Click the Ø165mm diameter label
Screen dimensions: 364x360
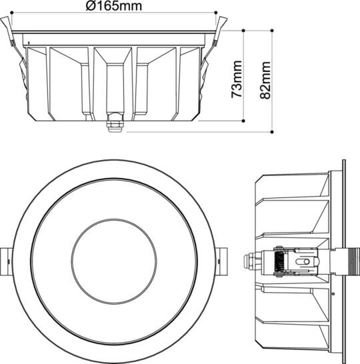coord(113,7)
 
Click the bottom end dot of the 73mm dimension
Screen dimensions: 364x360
coord(244,121)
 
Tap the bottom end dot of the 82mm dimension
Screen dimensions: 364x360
coord(273,131)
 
